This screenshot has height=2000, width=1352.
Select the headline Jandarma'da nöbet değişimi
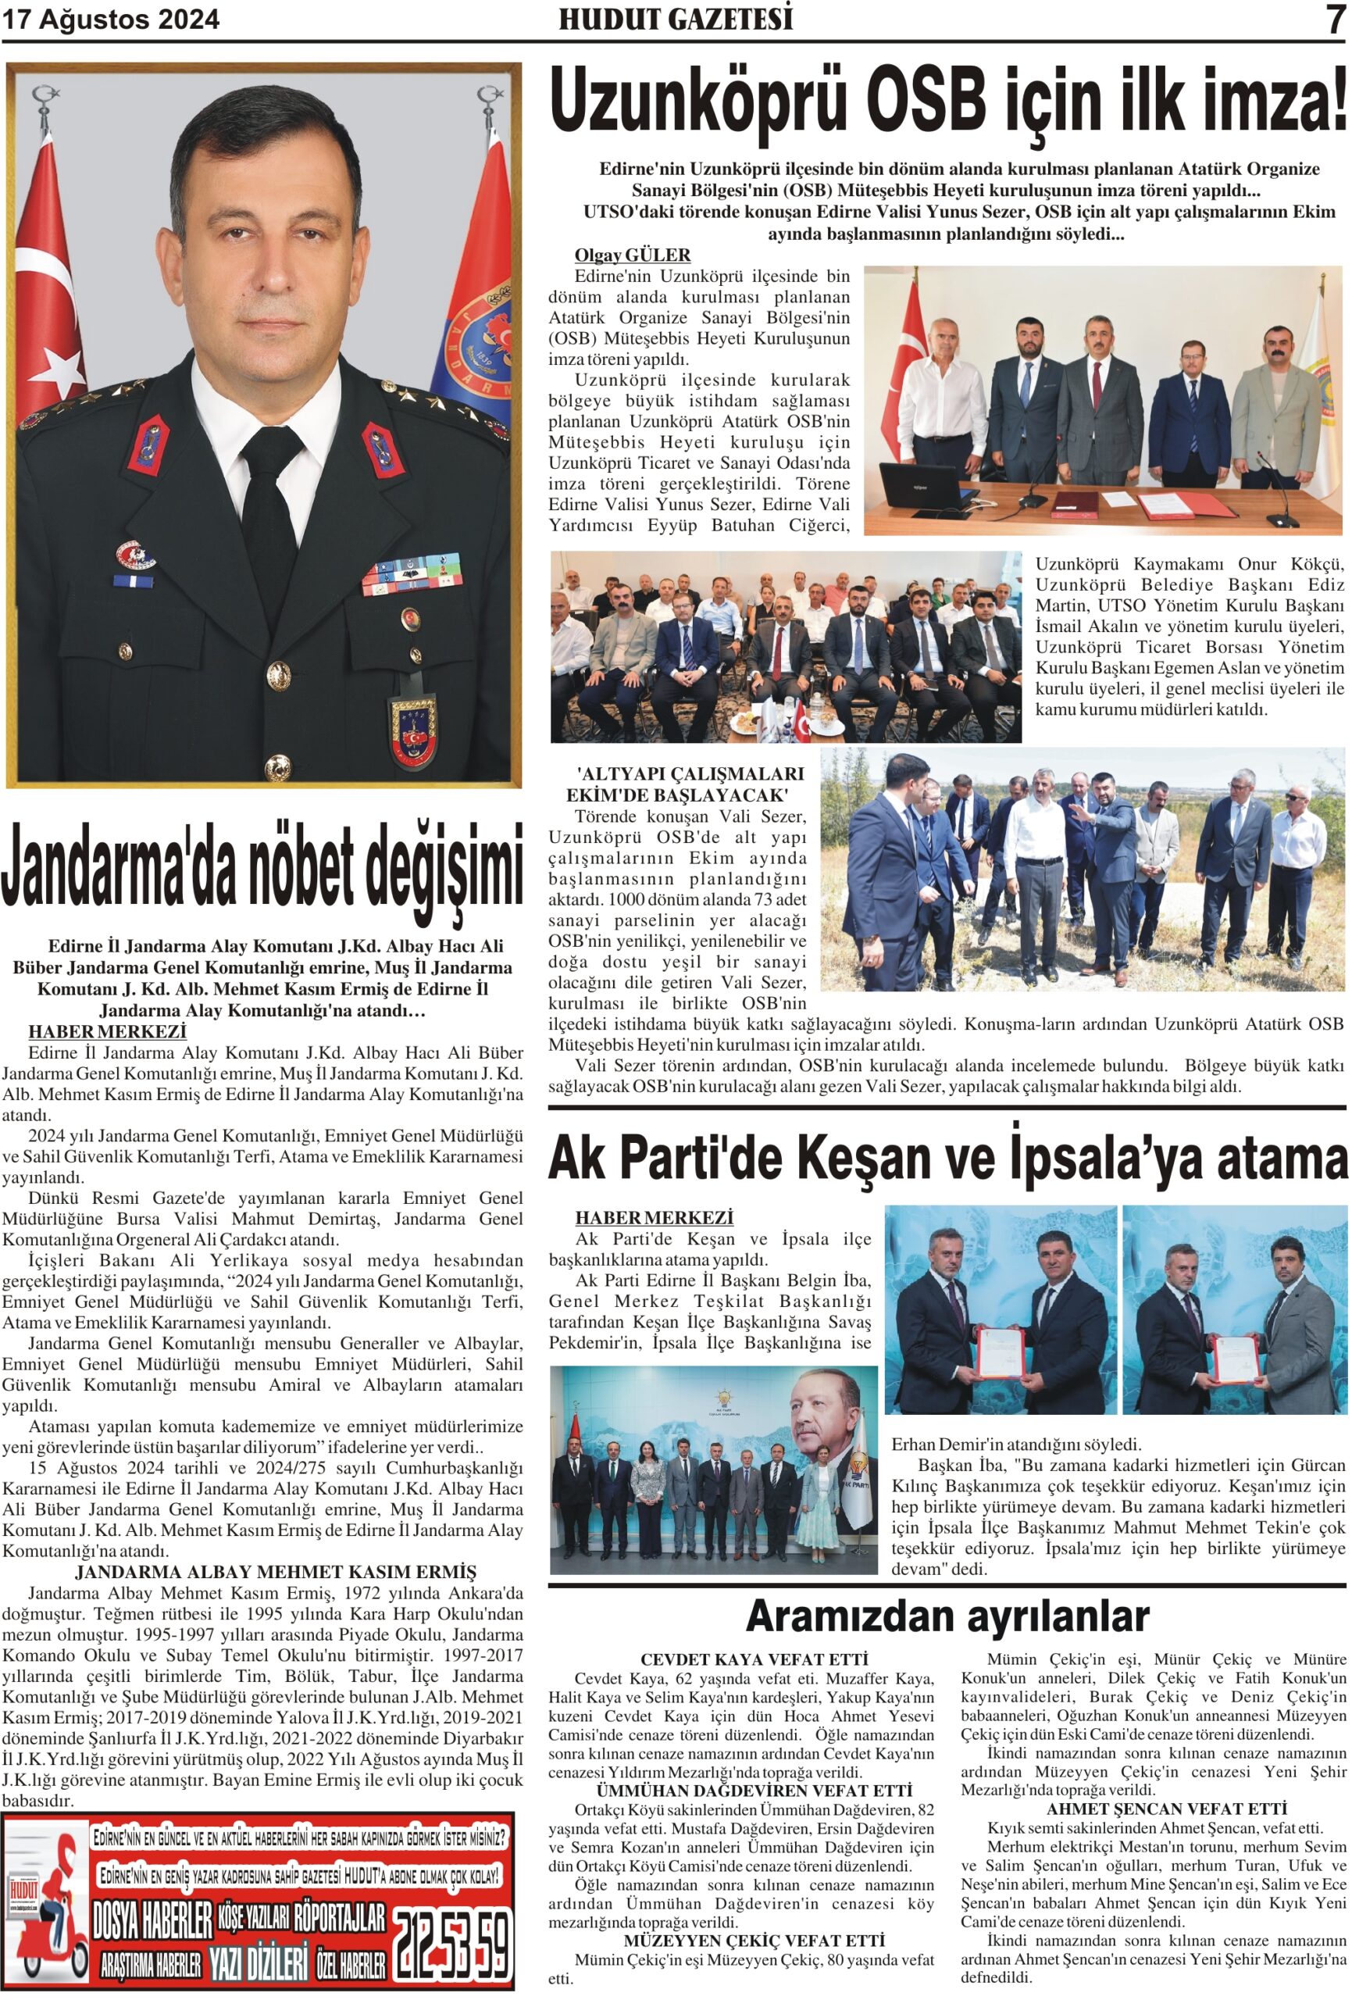pos(262,865)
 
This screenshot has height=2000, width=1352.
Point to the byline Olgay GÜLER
pos(633,255)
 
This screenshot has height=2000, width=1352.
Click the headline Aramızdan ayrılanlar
pos(947,1616)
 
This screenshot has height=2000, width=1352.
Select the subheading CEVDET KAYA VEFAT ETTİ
pos(754,1659)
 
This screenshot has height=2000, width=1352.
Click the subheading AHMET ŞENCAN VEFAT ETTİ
pos(1166,1808)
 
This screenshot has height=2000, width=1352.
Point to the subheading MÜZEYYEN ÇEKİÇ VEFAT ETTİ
pos(754,1941)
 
